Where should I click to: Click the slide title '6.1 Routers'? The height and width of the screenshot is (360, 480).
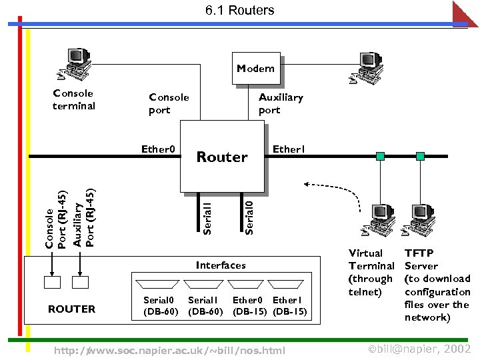[239, 10]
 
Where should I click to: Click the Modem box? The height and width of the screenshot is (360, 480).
[256, 69]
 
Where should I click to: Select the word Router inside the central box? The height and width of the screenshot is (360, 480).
[222, 157]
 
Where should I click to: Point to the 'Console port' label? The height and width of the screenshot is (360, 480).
[169, 104]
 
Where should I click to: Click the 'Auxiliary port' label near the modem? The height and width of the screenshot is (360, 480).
[280, 104]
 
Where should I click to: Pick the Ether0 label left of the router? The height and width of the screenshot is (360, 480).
[158, 149]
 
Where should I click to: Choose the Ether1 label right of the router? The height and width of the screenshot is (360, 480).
[289, 149]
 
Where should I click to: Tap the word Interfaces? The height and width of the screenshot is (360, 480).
[221, 265]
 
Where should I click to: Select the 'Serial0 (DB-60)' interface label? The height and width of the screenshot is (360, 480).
[161, 306]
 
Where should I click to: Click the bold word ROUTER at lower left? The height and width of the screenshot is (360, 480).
[71, 309]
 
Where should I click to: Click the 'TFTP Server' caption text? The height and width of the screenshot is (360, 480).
[421, 259]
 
